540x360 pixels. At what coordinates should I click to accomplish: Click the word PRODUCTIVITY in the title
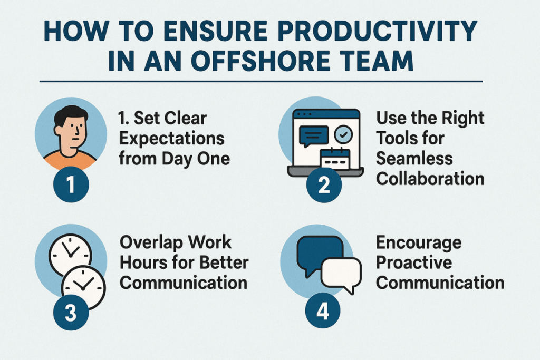[377, 31]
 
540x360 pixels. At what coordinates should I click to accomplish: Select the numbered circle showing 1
[71, 184]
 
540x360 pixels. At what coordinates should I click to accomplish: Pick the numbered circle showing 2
[324, 184]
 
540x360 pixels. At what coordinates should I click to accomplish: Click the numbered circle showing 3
[71, 313]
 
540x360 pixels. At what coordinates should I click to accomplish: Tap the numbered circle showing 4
[323, 311]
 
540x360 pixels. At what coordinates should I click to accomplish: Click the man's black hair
[71, 115]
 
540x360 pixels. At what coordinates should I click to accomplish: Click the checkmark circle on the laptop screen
[343, 134]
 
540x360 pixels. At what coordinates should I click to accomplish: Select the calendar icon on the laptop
[335, 159]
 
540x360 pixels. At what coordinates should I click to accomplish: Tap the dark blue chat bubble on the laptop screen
[313, 135]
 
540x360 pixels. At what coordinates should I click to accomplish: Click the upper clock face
[70, 255]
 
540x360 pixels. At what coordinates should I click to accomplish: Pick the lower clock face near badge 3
[83, 286]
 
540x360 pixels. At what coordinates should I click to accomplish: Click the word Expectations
[172, 139]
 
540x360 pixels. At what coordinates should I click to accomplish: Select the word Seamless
[414, 159]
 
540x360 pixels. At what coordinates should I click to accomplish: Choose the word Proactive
[414, 262]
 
